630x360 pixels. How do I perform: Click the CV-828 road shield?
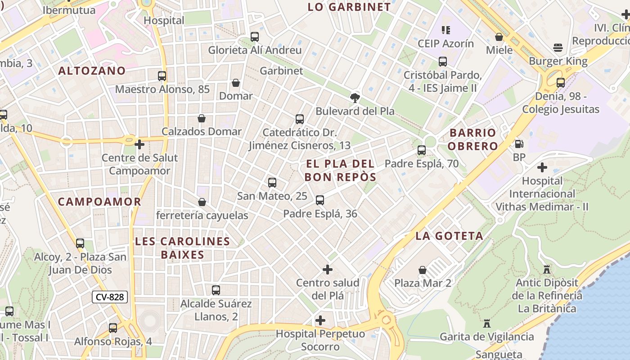tap(110, 297)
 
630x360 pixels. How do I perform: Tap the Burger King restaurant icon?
tap(558, 48)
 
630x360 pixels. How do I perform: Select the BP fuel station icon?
tap(519, 144)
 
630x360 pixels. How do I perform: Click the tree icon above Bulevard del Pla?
tap(355, 98)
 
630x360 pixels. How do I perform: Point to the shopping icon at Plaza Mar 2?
tap(423, 270)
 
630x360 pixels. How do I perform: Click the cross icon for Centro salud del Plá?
tap(328, 270)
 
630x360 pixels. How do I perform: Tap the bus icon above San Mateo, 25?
tap(272, 183)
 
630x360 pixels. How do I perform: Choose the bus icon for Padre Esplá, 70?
tap(422, 150)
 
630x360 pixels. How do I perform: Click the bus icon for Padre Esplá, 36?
tap(320, 200)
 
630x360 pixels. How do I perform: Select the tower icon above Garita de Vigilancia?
tap(486, 323)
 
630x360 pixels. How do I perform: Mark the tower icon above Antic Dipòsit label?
tap(547, 270)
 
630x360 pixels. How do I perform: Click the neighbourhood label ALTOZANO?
tap(92, 71)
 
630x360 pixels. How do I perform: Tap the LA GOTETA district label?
tap(449, 236)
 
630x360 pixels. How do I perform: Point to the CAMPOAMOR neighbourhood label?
tap(99, 202)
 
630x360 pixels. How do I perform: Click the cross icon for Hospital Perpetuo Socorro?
tap(320, 320)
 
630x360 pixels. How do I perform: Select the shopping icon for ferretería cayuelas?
tap(202, 202)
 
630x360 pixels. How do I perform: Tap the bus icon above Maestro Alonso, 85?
tap(162, 76)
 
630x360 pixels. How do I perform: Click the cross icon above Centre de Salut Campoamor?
tap(139, 144)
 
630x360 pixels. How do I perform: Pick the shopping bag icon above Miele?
tap(499, 37)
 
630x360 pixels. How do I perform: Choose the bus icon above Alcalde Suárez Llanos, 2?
tap(216, 290)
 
